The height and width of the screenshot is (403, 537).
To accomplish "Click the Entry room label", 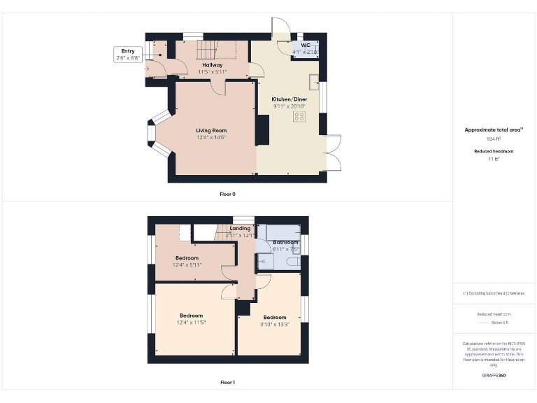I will click(127, 51).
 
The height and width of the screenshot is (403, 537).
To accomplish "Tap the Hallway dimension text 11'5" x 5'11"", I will click(212, 71).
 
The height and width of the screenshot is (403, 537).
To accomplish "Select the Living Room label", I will click(211, 130).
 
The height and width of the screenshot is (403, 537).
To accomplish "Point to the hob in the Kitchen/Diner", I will click(300, 116).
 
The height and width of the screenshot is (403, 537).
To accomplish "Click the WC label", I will click(305, 45).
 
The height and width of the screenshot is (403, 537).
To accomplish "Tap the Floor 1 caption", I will click(227, 382).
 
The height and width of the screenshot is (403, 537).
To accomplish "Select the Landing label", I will click(240, 228).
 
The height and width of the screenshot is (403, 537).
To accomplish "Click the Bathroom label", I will click(285, 242).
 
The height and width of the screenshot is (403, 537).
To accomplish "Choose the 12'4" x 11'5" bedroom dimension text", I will click(191, 322).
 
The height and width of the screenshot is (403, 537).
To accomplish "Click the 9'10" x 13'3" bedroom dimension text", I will click(275, 324).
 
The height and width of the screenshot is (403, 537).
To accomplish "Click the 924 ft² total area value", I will click(494, 139).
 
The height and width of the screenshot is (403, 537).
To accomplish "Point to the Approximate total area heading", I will click(493, 130).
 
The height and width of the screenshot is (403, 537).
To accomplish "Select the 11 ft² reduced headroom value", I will click(494, 160).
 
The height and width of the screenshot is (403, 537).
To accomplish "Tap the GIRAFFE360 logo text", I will click(494, 376).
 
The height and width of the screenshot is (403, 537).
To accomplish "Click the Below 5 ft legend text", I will click(501, 323).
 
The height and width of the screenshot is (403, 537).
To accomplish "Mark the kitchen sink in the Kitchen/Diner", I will click(315, 78).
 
